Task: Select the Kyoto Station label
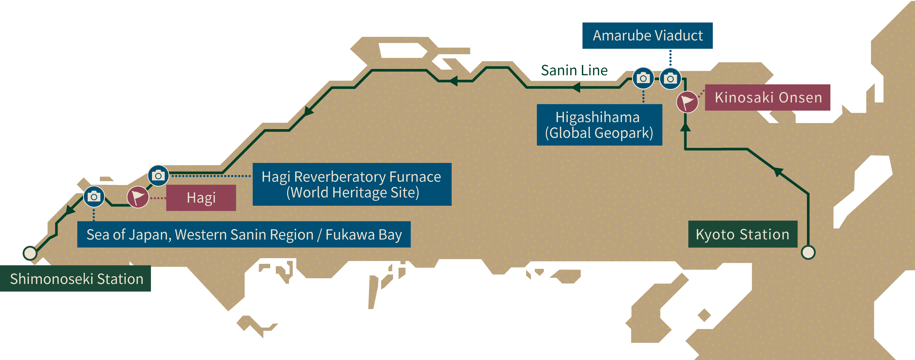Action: pyautogui.click(x=743, y=234)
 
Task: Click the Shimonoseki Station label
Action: pyautogui.click(x=75, y=279)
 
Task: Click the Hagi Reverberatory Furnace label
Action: pyautogui.click(x=352, y=184)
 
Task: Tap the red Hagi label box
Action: pyautogui.click(x=201, y=198)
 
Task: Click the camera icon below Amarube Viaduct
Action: pyautogui.click(x=670, y=78)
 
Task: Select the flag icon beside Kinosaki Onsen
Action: pyautogui.click(x=687, y=102)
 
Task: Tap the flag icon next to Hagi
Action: pyautogui.click(x=138, y=197)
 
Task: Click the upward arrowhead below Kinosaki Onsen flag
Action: pyautogui.click(x=685, y=127)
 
